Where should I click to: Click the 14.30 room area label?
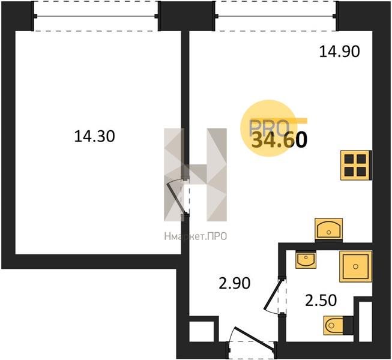[x=94, y=137]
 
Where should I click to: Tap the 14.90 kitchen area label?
[x=340, y=52]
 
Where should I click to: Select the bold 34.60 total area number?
[x=279, y=139]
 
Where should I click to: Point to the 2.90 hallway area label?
[x=235, y=283]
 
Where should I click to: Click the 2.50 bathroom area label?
[x=321, y=300]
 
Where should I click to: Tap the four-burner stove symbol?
[x=356, y=165]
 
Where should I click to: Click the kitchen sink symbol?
[x=328, y=229]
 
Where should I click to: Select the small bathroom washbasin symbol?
[x=306, y=259]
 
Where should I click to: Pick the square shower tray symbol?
[x=355, y=266]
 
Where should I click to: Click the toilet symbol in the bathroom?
[x=338, y=325]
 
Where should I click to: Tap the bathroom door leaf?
[x=273, y=294]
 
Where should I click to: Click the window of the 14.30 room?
[x=96, y=16]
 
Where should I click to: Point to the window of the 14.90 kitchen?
[x=276, y=16]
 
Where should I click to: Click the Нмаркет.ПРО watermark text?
[x=196, y=236]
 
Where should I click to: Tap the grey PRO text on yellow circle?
[x=268, y=127]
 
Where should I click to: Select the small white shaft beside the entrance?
[x=202, y=331]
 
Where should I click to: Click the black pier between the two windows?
[x=187, y=16]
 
